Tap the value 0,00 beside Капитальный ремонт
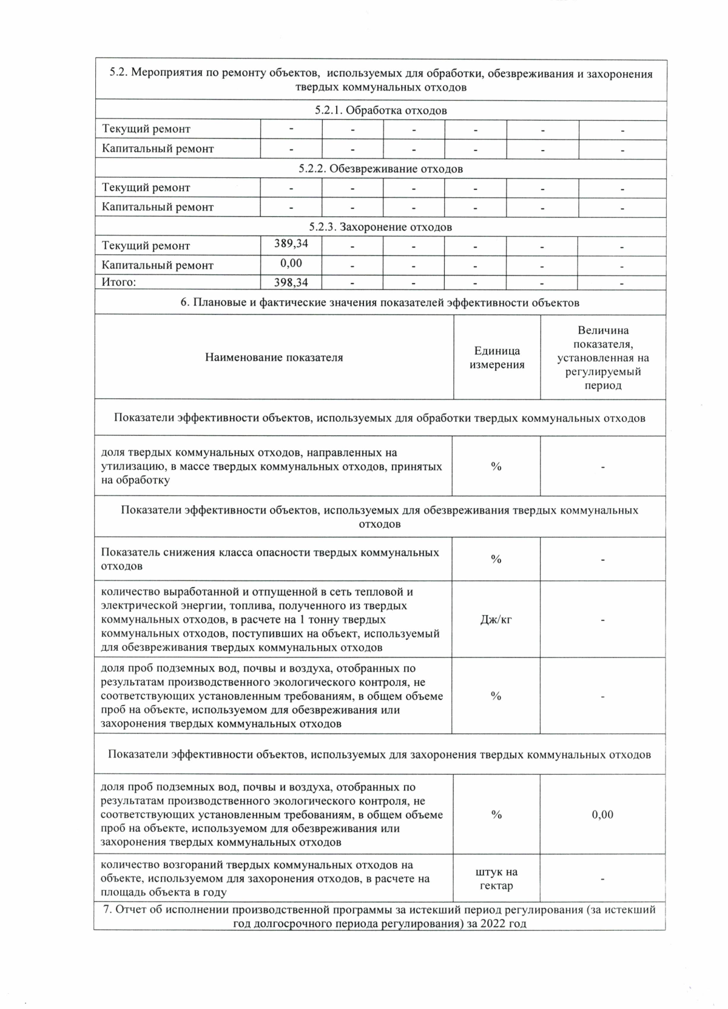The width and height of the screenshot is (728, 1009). (291, 263)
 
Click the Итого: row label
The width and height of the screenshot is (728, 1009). (119, 282)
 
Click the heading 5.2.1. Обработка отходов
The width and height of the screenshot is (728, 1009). (380, 110)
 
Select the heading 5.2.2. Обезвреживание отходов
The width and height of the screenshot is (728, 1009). (380, 169)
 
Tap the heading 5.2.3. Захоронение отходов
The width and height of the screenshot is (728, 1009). (380, 227)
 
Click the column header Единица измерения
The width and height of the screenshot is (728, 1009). (497, 358)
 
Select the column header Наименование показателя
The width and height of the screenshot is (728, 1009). (274, 358)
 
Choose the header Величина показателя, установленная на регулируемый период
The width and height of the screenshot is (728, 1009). (603, 358)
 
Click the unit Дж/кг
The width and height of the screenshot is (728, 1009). (496, 620)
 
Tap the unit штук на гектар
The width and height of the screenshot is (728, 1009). (496, 878)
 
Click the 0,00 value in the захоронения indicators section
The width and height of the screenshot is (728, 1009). (602, 815)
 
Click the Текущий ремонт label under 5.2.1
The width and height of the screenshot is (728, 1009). (146, 129)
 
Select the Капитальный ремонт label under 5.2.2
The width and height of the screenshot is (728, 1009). (158, 207)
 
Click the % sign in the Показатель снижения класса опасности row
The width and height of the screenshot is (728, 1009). (496, 559)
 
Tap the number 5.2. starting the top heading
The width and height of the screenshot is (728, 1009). (118, 73)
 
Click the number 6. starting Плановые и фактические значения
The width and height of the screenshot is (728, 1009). (184, 302)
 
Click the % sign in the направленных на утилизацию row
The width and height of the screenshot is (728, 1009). (496, 466)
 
